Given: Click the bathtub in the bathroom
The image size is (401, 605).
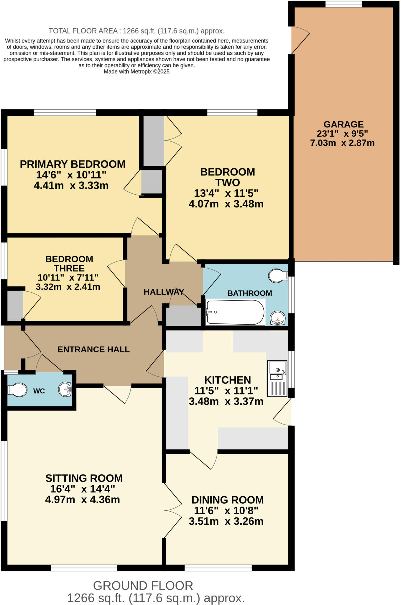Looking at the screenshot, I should point(235,312).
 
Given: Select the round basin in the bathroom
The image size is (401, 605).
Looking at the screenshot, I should point(277,318).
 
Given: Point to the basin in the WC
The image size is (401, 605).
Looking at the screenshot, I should point(65,389).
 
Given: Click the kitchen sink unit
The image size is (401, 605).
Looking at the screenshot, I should point(277,378).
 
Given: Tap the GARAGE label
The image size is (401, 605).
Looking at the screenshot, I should point(344,124).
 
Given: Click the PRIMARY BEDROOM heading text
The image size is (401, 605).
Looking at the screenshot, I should point(73,164).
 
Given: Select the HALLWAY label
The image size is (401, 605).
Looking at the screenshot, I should point(164,292).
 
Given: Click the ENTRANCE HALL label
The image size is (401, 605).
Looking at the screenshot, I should point(93,349).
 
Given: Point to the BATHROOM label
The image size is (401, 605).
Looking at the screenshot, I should point(249,293).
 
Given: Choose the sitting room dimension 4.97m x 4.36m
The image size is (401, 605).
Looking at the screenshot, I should point(82,500).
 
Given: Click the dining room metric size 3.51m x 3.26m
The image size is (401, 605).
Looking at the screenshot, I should point(226,521).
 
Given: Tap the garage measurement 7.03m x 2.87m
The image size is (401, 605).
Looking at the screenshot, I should point(342,143).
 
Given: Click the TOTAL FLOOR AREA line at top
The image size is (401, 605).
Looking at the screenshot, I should point(137,31).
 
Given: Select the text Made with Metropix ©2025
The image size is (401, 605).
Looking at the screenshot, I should point(137,71).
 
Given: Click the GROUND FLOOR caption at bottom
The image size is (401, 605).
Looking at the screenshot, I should point(143,586).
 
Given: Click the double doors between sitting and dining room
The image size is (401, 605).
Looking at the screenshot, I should point(172,510).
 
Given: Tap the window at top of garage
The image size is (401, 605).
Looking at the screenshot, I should point(344,4).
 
